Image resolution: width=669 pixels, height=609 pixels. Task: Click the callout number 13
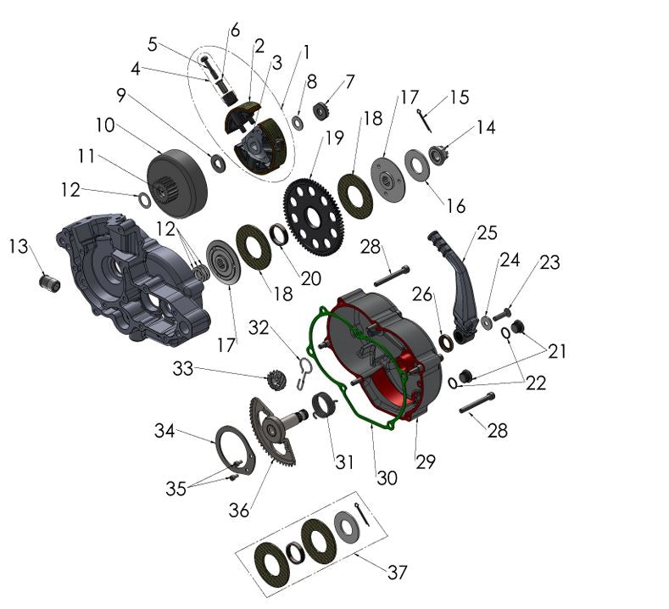[x=19, y=246]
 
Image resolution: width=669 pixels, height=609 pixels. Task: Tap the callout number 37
[x=397, y=573]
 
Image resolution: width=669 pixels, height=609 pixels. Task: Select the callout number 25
[x=486, y=232]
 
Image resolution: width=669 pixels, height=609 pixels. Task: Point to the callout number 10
[x=104, y=125]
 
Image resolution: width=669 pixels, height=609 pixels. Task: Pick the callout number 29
[x=425, y=461]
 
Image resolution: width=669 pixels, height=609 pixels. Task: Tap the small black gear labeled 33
[x=276, y=380]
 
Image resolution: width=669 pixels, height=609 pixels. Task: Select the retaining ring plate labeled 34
[x=235, y=449]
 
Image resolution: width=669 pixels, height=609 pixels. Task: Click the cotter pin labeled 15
[x=426, y=120]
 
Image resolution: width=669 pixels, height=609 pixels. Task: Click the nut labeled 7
[x=322, y=110]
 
